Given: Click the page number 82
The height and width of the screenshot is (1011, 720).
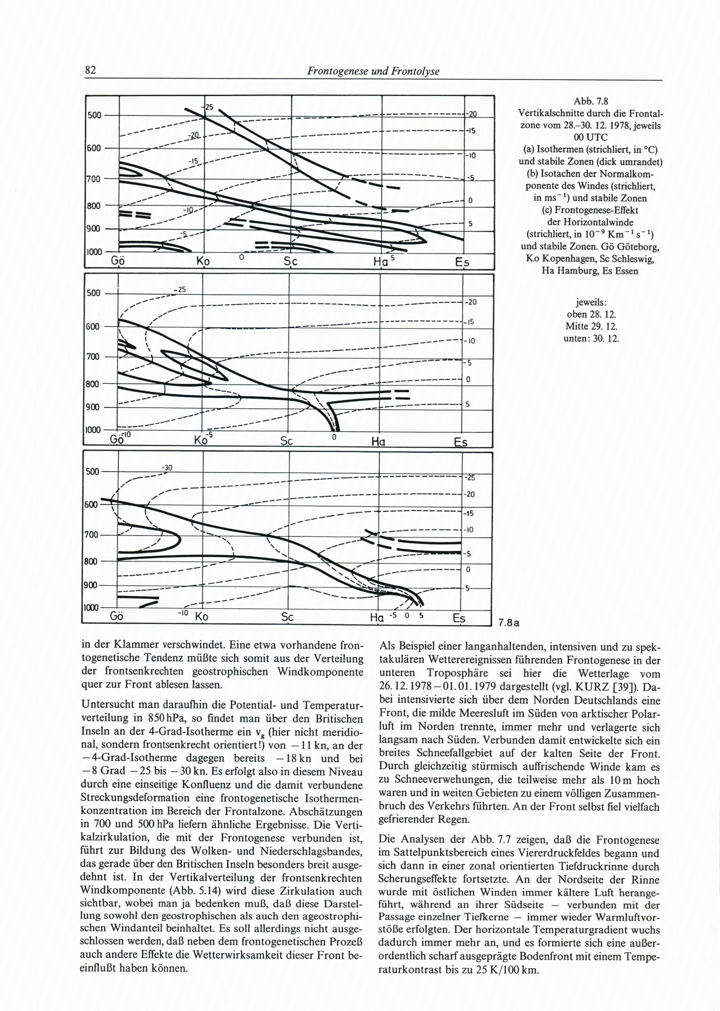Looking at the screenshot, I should point(90,71).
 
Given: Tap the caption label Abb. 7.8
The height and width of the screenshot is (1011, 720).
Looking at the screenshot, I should point(590,101).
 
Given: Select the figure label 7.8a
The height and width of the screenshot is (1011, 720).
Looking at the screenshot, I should point(508,623).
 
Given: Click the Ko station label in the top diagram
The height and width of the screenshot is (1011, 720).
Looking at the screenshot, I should point(203,262).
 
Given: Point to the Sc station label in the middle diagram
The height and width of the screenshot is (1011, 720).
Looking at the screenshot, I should point(289,442).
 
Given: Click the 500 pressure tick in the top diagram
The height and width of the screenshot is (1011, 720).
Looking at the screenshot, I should point(94,115).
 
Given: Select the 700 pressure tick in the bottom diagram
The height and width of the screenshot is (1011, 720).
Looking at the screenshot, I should point(92,535).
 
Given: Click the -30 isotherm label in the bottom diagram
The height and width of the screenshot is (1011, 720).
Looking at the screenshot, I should point(167,468).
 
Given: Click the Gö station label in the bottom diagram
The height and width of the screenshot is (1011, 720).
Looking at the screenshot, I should point(117,617).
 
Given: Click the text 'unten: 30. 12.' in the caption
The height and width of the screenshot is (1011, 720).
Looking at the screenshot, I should point(591,338).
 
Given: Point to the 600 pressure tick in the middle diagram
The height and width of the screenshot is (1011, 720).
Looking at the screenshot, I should point(93,327).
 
